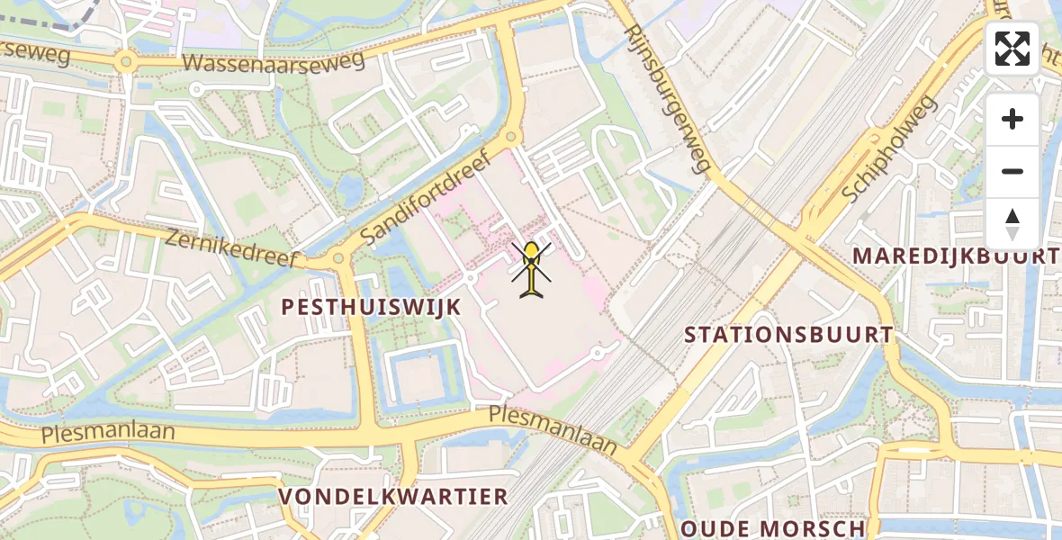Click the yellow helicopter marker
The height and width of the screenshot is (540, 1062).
532,268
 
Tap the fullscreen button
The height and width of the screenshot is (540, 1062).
1012,49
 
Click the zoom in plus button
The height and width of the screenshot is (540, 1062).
1012,119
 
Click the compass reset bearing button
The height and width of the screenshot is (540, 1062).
1012,224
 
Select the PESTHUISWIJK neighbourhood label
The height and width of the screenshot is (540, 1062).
371,307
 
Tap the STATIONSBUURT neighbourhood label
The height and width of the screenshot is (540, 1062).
788,335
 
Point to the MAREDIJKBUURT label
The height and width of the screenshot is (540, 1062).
956,256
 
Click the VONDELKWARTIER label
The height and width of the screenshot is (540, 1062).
393,497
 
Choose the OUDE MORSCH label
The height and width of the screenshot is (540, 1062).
772,528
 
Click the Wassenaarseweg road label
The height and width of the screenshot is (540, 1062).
274,61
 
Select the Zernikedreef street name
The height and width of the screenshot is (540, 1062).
231,247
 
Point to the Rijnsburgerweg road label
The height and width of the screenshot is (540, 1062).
669,96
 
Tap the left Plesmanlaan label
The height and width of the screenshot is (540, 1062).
107,434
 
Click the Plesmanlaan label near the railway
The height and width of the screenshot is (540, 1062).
553,429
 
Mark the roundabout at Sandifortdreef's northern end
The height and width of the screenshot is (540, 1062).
511,137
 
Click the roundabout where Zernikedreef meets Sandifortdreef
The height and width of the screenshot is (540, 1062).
338,258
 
